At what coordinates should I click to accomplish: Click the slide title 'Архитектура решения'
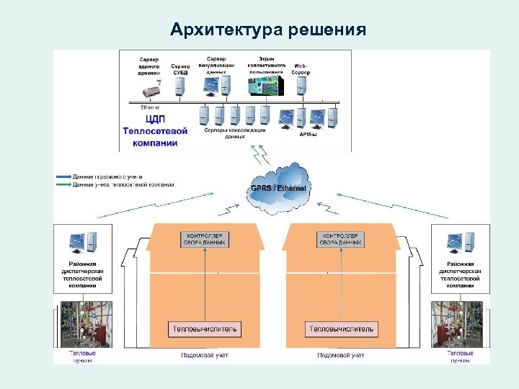point(268,30)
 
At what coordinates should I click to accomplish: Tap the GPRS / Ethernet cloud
point(278,188)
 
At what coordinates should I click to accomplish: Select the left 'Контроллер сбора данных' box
point(207,239)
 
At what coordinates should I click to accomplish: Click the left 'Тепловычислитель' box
point(205,329)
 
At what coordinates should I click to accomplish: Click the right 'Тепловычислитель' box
point(341,329)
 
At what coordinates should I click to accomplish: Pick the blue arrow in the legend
point(62,176)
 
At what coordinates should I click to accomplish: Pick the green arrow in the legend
point(62,184)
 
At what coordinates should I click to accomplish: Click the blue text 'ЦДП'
point(155,120)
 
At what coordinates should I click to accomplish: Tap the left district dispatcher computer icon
point(79,242)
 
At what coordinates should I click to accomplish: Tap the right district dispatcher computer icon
point(459,242)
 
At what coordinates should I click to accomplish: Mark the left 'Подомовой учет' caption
point(204,355)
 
